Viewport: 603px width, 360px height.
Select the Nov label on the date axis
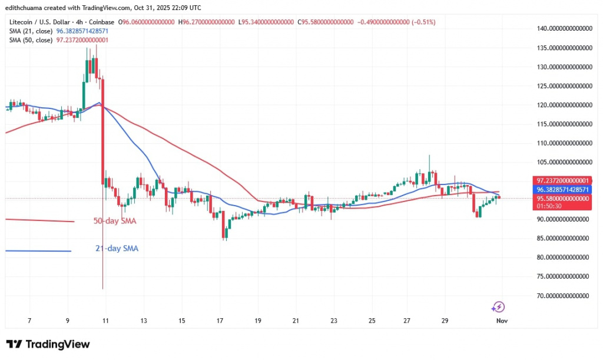pos(501,321)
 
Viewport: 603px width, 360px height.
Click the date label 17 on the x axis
pos(220,321)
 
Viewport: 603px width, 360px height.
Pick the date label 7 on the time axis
pos(29,321)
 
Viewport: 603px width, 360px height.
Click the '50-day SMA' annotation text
pos(115,222)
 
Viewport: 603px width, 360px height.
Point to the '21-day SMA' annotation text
pos(117,249)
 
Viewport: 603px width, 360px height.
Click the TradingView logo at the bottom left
pos(48,344)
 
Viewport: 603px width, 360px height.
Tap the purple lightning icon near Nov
pos(498,306)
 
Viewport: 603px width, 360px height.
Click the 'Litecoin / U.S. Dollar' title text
pos(41,22)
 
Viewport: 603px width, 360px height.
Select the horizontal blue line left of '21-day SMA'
pos(38,250)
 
